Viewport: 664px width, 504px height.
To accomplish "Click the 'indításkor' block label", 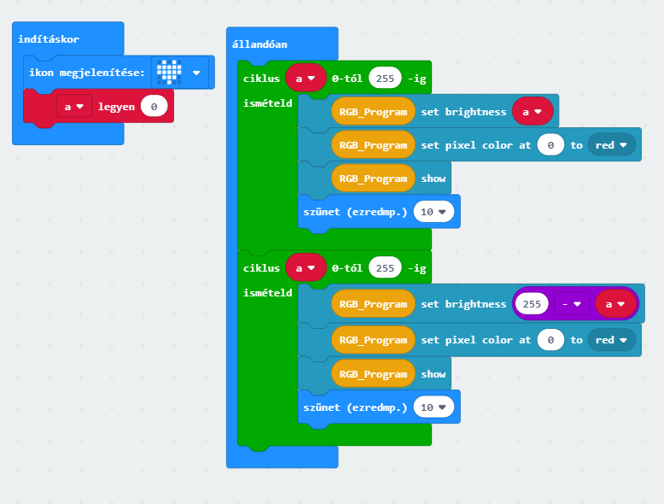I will [49, 39].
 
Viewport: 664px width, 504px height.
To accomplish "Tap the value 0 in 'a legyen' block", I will [154, 107].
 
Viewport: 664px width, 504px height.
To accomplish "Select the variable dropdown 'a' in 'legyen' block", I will [74, 107].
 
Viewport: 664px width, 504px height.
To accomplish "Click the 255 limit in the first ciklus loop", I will [385, 79].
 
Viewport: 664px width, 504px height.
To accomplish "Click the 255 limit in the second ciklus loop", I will [385, 268].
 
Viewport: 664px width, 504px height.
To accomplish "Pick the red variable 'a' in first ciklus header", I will [306, 79].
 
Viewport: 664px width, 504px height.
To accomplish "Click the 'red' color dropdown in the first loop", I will [612, 145].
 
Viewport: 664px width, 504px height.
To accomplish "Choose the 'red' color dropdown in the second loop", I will [612, 340].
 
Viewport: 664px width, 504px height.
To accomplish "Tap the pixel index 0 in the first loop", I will [551, 145].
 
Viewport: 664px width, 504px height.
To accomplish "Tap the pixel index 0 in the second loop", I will [551, 340].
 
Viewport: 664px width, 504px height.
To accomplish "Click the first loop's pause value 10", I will [433, 211].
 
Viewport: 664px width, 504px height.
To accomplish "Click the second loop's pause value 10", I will [433, 407].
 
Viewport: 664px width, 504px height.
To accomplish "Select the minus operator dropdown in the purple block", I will [571, 303].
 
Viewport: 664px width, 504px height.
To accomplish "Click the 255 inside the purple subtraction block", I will [533, 303].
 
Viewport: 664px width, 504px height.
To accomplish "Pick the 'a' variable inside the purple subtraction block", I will [615, 303].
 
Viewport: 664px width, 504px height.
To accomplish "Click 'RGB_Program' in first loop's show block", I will [373, 179].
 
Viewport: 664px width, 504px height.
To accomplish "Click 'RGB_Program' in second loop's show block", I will [373, 373].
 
